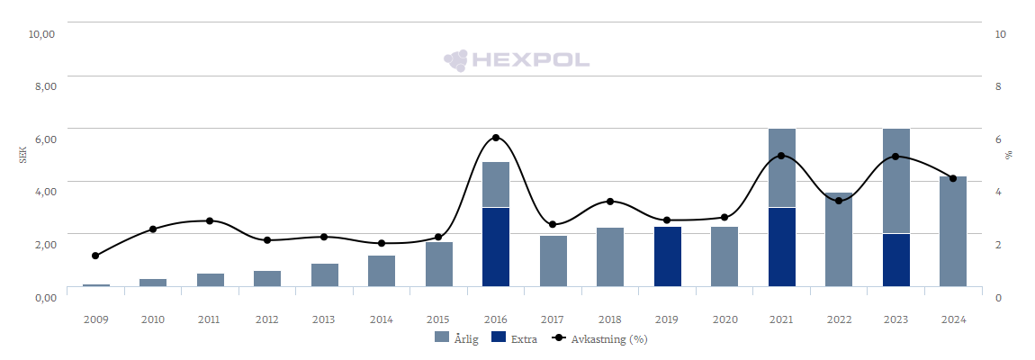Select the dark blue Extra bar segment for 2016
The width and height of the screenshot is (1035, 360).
[496, 247]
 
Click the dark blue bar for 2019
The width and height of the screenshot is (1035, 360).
[668, 256]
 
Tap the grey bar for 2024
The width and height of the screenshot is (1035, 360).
[953, 231]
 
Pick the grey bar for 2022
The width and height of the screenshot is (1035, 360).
[839, 239]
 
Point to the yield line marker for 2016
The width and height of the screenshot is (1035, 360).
[496, 138]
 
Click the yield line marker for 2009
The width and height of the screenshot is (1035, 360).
[95, 256]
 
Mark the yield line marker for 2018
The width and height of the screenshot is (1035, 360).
[610, 202]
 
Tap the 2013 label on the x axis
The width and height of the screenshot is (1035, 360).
[324, 319]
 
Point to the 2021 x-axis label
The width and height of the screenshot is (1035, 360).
[781, 319]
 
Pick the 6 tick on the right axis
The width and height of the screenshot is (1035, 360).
[998, 139]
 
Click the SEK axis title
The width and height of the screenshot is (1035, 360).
[22, 156]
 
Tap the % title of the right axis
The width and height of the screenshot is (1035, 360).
[1009, 156]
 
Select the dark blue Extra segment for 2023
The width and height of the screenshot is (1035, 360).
[896, 260]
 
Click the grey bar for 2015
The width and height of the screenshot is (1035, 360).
[439, 264]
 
